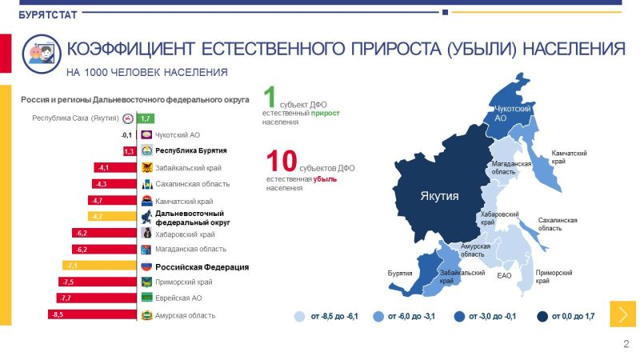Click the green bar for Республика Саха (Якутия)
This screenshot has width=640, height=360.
click(146, 118)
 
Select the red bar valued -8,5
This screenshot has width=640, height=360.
click(92, 314)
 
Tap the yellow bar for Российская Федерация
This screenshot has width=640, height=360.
click(99, 266)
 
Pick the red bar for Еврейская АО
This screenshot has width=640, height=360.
click(97, 298)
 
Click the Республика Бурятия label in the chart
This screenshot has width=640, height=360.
click(190, 150)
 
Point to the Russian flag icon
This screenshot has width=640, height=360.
click(146, 266)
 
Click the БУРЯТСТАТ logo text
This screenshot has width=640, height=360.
click(48, 15)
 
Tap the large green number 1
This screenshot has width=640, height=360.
click(270, 97)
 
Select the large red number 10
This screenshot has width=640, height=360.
click(282, 161)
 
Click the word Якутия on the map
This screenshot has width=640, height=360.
click(439, 196)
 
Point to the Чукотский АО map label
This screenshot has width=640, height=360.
click(512, 114)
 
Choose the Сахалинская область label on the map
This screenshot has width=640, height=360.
click(558, 224)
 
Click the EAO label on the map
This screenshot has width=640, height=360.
click(504, 276)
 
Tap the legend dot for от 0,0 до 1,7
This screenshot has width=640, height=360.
click(542, 316)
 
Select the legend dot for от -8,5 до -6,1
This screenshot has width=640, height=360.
click(299, 316)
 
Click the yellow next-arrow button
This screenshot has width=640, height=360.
click(623, 314)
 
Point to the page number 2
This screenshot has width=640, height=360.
click(626, 344)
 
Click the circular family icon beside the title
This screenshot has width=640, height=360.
click(42, 54)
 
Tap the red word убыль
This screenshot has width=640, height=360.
click(325, 179)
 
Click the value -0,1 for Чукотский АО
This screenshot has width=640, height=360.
click(126, 135)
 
